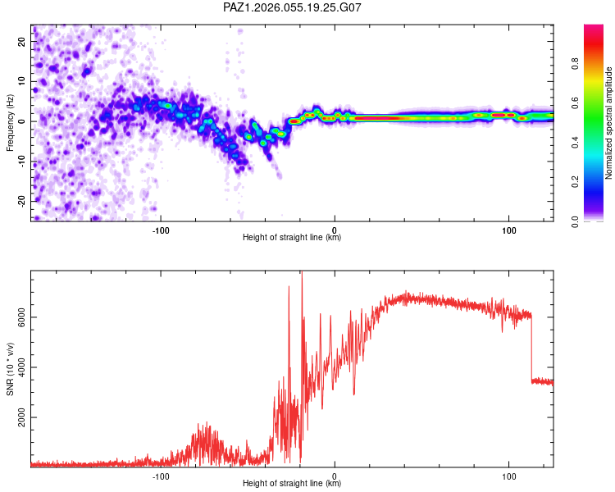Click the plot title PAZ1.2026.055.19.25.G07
(292, 7)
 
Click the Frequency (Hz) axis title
(10, 123)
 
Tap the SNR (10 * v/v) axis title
(10, 368)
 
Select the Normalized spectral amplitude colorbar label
(609, 123)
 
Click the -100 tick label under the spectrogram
(161, 230)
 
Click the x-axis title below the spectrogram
(292, 238)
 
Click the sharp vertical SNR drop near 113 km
(531, 348)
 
